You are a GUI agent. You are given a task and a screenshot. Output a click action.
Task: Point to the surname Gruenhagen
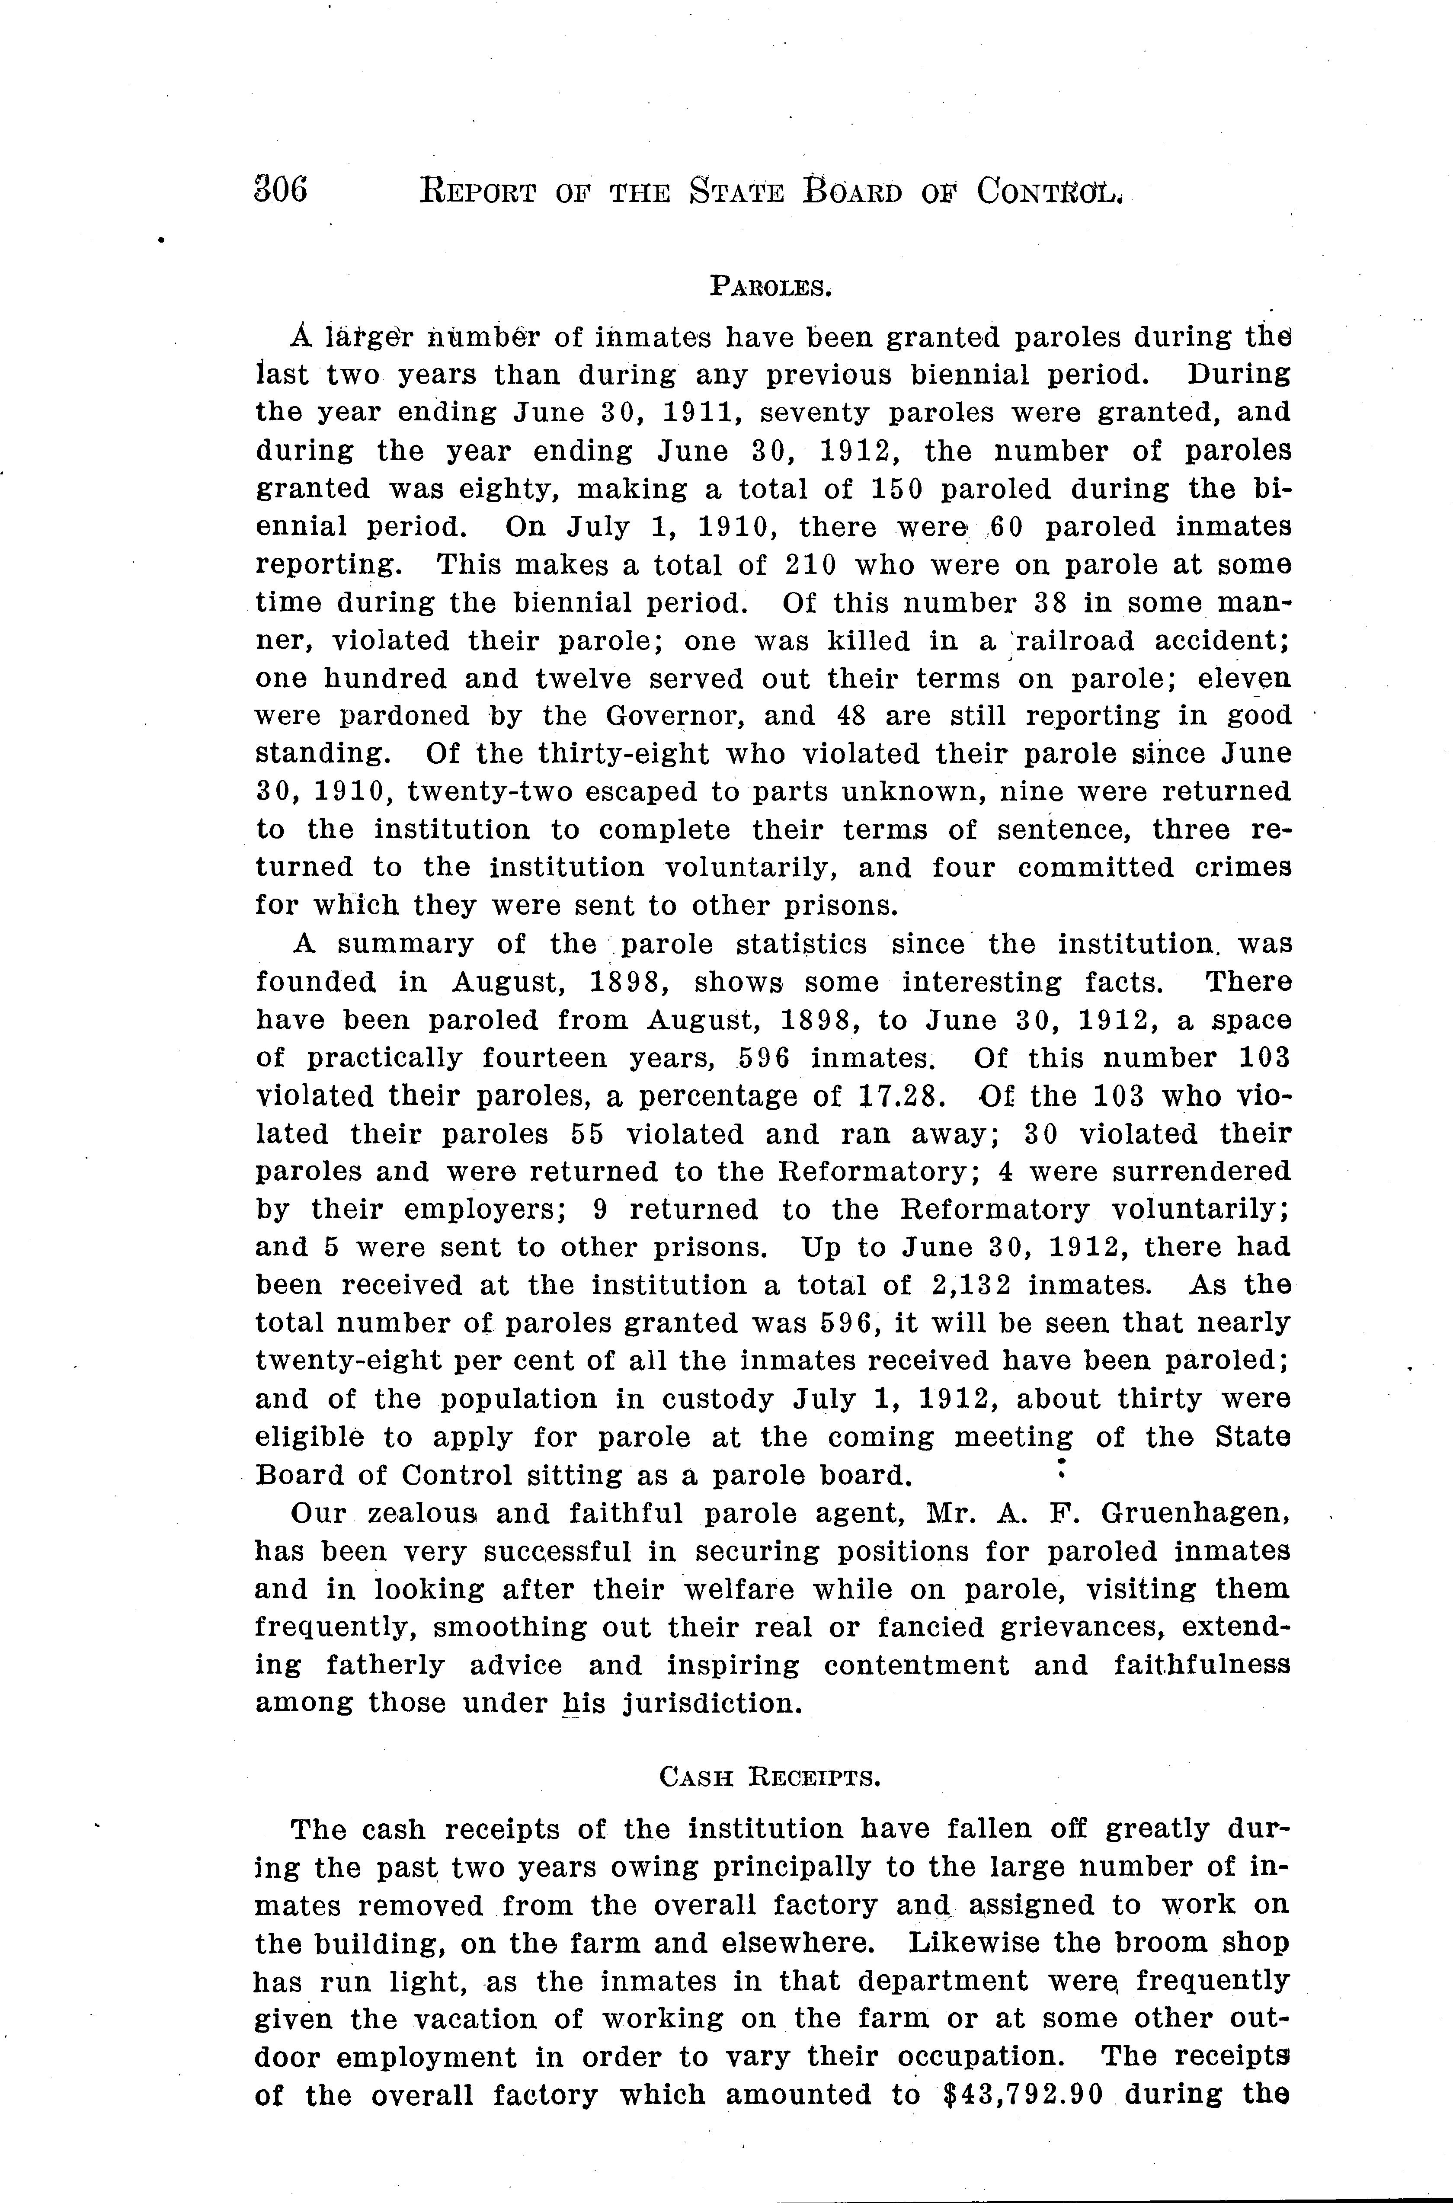[x=1195, y=1515]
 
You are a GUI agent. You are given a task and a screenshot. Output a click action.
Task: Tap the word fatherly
[x=384, y=1665]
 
